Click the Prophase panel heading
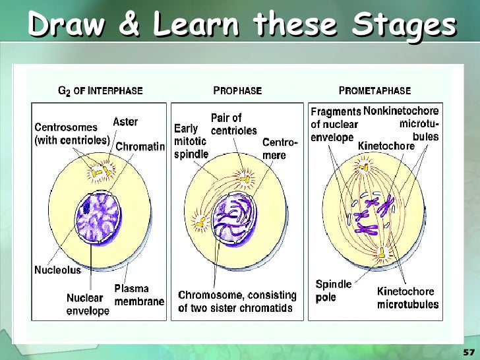[x=237, y=90]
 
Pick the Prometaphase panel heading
[x=375, y=90]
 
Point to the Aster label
[x=125, y=121]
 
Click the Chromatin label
[x=140, y=146]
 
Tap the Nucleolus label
[x=57, y=270]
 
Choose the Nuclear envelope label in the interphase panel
[x=88, y=304]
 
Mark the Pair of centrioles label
[x=233, y=124]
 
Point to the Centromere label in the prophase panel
[x=275, y=148]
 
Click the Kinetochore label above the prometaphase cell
[x=386, y=146]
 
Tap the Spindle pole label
[x=334, y=291]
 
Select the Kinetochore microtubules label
[x=407, y=297]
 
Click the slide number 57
[x=469, y=351]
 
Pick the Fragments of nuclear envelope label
[x=335, y=125]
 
